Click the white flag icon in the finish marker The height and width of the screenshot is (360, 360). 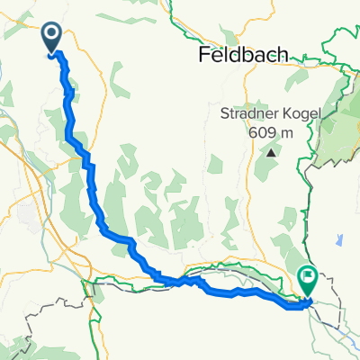308,277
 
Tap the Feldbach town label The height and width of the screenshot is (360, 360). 243,55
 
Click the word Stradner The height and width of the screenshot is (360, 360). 249,115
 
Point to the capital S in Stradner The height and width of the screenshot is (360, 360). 225,115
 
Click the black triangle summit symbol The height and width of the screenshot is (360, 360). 269,153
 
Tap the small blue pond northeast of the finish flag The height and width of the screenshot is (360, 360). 341,240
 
